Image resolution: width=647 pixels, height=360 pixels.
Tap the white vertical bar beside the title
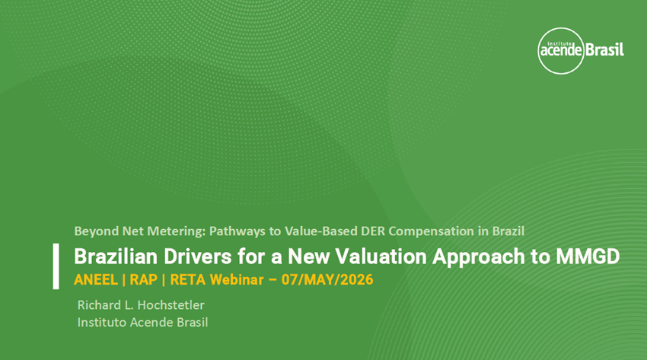coord(56,266)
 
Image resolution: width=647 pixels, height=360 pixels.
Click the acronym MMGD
coord(588,256)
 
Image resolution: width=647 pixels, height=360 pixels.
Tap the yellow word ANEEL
coord(96,279)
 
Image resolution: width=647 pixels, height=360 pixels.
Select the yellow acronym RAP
coord(144,279)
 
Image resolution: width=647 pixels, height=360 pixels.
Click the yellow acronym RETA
coord(188,279)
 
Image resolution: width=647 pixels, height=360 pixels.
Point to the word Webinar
coord(237,279)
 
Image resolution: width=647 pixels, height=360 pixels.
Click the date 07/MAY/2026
coord(327,279)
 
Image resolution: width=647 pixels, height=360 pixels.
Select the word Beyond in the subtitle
coord(97,231)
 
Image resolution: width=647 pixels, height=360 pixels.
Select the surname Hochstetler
coord(171,305)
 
